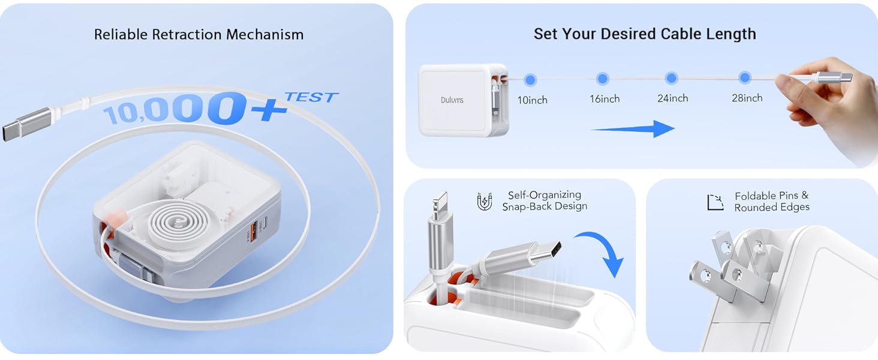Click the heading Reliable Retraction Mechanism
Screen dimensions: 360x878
pos(199,34)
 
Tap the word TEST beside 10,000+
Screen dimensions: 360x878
pos(311,97)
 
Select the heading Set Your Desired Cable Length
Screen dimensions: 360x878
pos(645,34)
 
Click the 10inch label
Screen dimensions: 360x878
pos(533,100)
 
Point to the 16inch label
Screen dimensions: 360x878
pos(605,99)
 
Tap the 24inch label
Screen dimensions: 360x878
pos(673,98)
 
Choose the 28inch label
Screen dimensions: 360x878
pos(747,98)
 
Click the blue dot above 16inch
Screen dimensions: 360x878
pos(603,79)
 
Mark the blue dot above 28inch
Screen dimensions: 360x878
pos(745,77)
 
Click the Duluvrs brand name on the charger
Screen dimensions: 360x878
pos(452,100)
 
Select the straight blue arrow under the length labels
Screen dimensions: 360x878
pos(633,128)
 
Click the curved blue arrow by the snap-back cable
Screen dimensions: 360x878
pos(602,253)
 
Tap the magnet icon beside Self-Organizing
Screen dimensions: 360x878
pos(484,202)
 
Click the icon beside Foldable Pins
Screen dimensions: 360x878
pos(715,202)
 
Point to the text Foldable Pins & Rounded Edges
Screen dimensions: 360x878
pos(772,202)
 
